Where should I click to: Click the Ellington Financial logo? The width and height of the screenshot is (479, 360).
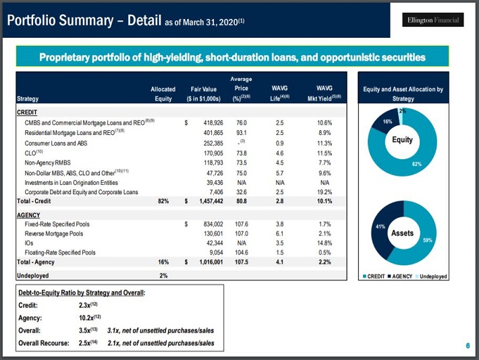tap(433, 20)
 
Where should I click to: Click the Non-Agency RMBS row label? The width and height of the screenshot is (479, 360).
tap(47, 162)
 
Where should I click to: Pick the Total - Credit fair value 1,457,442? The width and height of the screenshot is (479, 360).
tap(208, 201)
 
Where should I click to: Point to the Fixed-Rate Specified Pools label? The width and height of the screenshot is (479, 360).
tap(57, 224)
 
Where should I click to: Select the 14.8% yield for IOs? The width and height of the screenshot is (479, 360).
tap(324, 243)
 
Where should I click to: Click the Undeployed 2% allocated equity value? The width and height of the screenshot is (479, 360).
tap(163, 275)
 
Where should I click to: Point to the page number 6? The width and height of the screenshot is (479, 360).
tap(467, 346)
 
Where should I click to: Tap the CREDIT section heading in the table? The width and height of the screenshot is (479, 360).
tap(26, 113)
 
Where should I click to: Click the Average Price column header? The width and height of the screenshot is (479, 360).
tap(242, 88)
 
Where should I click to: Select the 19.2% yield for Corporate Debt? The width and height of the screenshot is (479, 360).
tap(324, 192)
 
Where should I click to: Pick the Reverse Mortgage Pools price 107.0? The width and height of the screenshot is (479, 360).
tap(242, 233)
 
